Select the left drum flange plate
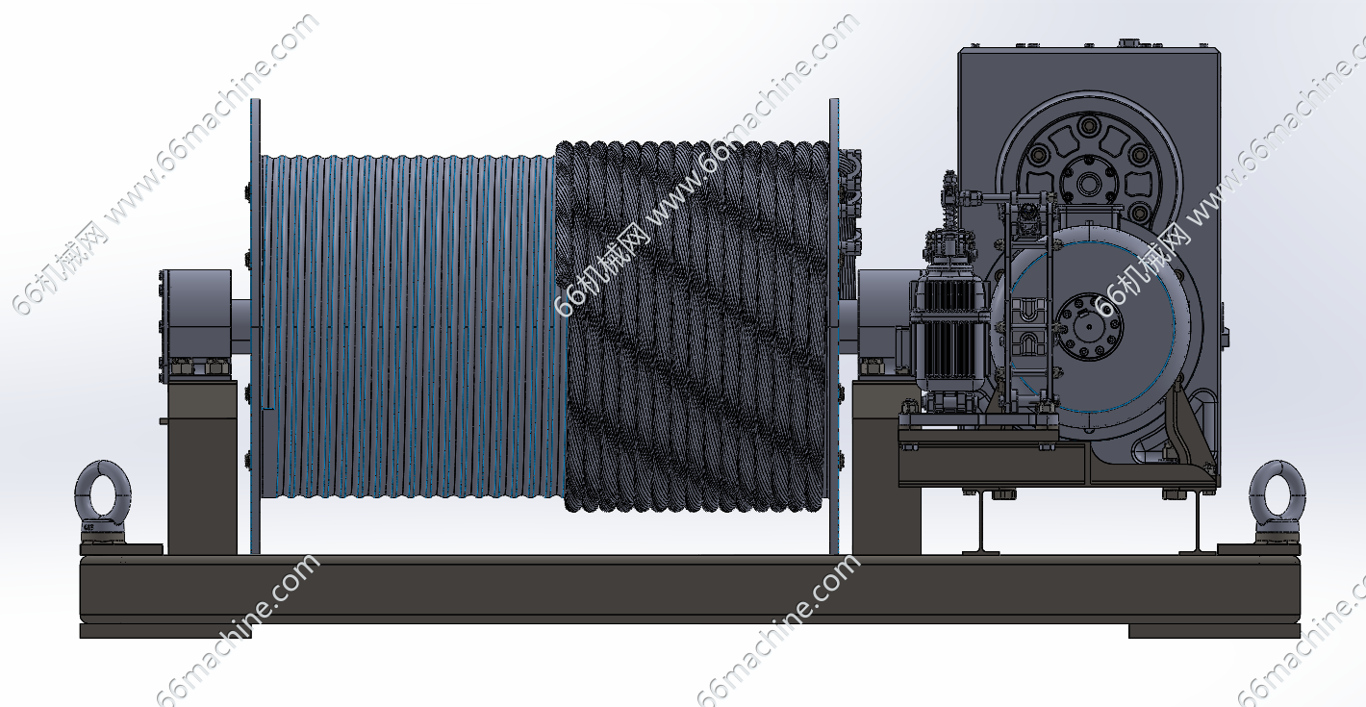click(255, 326)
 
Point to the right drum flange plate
click(834, 326)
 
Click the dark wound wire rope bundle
click(693, 326)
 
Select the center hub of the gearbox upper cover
click(1089, 182)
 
